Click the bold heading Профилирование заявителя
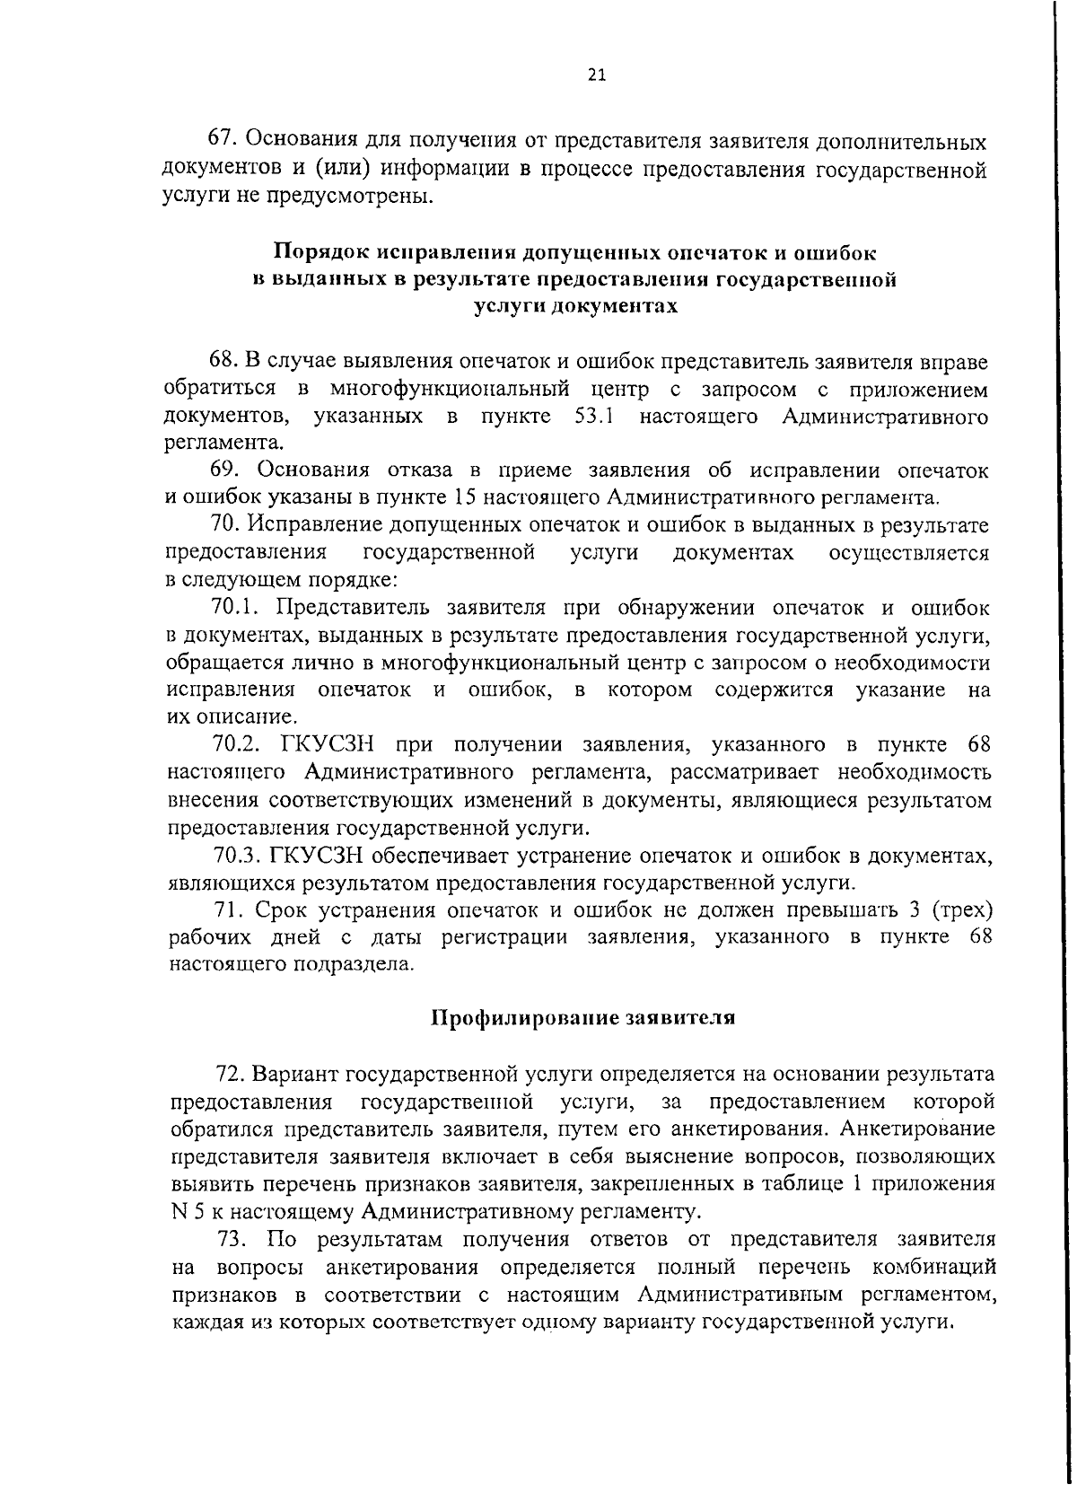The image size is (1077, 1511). pyautogui.click(x=583, y=1018)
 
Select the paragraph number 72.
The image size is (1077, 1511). pyautogui.click(x=230, y=1074)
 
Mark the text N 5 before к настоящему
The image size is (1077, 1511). pyautogui.click(x=178, y=1212)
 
